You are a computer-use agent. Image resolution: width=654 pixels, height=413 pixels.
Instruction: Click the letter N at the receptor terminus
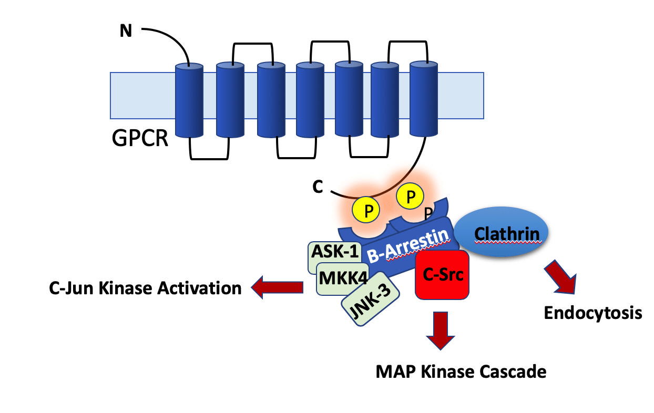click(x=126, y=32)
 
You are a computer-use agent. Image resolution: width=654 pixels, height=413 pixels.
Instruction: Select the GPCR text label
click(x=140, y=139)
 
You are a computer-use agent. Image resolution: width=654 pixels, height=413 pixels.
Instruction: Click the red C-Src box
click(x=442, y=275)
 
